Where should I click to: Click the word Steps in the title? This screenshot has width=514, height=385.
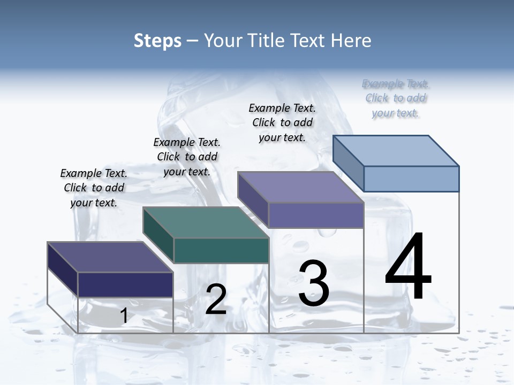pyautogui.click(x=157, y=41)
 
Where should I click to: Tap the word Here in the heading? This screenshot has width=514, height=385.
pyautogui.click(x=350, y=41)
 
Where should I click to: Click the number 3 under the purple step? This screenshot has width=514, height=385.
pyautogui.click(x=314, y=283)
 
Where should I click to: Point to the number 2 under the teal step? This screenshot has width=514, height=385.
pyautogui.click(x=216, y=299)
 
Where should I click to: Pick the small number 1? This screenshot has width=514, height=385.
pyautogui.click(x=124, y=316)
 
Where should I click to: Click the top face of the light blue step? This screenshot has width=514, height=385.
pyautogui.click(x=396, y=150)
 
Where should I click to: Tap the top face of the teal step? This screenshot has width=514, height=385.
pyautogui.click(x=206, y=222)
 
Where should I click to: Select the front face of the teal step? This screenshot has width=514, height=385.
pyautogui.click(x=221, y=250)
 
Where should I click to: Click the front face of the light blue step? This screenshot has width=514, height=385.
pyautogui.click(x=411, y=179)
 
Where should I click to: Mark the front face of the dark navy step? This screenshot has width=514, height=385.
pyautogui.click(x=125, y=284)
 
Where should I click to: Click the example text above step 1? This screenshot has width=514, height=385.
pyautogui.click(x=94, y=188)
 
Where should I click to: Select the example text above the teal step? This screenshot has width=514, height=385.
pyautogui.click(x=187, y=157)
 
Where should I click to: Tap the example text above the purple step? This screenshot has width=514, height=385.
pyautogui.click(x=282, y=123)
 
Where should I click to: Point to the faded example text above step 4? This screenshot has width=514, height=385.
pyautogui.click(x=396, y=98)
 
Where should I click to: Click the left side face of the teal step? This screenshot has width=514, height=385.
pyautogui.click(x=158, y=235)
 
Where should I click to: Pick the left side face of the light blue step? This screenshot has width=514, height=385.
pyautogui.click(x=349, y=163)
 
